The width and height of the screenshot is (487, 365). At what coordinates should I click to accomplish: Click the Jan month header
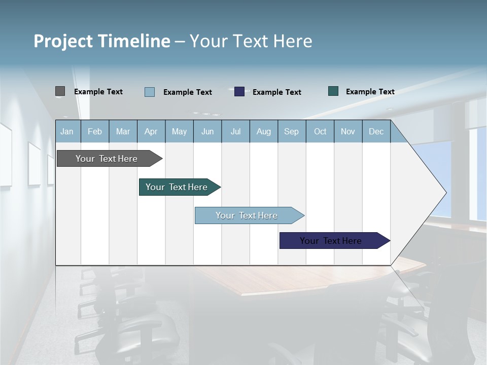tap(67, 131)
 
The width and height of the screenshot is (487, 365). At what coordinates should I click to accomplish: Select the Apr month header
tap(151, 131)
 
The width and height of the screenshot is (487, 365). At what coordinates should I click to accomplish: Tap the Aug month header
tap(263, 131)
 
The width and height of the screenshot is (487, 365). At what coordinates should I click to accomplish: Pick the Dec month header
tap(376, 131)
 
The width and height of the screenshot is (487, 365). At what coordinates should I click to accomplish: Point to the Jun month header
tap(207, 131)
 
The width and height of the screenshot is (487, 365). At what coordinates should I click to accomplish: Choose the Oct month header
tap(320, 131)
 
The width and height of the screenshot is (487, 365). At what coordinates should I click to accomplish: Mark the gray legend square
tap(60, 91)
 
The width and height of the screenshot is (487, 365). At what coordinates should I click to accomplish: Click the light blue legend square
tap(150, 92)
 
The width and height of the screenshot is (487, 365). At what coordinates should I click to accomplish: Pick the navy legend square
tap(239, 92)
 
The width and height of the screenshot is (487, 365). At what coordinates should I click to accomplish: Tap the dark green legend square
tap(333, 91)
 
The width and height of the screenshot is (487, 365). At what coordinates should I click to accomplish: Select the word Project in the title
tap(63, 41)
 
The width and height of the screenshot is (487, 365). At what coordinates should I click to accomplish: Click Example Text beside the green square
tap(370, 92)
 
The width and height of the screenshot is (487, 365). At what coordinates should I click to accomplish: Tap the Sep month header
tap(291, 131)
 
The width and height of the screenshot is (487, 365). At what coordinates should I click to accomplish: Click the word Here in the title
tap(293, 41)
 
